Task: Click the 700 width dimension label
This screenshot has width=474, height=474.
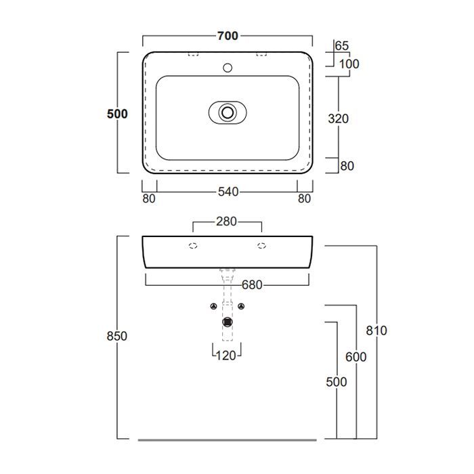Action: coord(228,36)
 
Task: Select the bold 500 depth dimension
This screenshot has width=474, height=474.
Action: coord(117,114)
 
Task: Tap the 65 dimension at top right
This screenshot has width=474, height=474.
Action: coord(342,46)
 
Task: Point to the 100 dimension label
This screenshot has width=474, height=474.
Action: coord(349,64)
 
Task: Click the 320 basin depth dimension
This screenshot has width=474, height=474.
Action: coord(339,118)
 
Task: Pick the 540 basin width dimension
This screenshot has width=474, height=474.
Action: coord(228,192)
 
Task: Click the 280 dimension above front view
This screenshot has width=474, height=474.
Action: coord(226,221)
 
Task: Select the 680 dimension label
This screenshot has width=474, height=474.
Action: coord(252,285)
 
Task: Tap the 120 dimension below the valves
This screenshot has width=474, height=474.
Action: coord(225,355)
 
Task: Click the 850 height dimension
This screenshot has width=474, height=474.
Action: coord(117,336)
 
